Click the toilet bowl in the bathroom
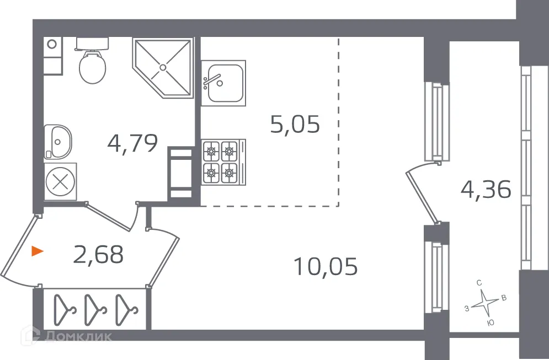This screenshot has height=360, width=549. tap(92, 68)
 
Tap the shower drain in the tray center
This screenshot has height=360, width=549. tap(162, 67)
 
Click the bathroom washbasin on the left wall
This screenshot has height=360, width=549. tap(59, 140)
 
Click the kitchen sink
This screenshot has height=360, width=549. tap(223, 82)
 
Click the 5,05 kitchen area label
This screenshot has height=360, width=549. tap(295, 125)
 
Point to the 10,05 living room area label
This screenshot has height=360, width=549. tap(326, 267)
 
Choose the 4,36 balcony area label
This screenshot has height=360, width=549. tap(486, 190)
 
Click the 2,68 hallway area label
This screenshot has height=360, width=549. tap(98, 254)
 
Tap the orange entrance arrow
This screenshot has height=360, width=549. tap(37, 252)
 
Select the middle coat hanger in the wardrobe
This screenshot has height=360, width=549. tap(93, 310)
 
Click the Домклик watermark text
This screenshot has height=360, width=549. tap(77, 335)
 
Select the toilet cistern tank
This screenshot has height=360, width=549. tap(92, 44)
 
